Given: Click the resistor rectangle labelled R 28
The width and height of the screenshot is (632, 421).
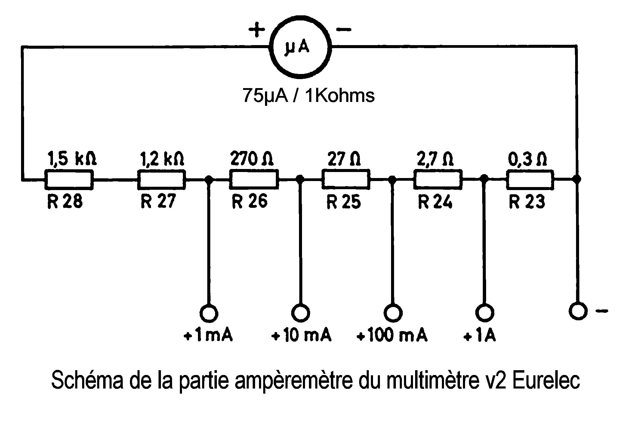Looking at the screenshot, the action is click(69, 180).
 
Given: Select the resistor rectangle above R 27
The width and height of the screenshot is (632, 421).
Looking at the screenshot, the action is click(161, 180).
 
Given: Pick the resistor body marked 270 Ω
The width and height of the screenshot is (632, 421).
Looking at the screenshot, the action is click(254, 180).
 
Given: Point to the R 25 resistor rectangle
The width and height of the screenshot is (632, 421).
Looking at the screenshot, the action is click(346, 180).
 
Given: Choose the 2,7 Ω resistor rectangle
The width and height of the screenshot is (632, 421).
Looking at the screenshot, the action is click(438, 180).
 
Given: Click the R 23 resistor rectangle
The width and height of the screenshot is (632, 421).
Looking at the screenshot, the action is click(530, 180).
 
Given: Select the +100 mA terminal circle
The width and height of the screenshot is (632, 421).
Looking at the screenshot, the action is click(393, 313).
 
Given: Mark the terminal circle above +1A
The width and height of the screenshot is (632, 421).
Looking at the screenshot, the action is click(484, 313).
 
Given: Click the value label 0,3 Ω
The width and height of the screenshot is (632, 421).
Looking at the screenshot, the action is click(527, 159).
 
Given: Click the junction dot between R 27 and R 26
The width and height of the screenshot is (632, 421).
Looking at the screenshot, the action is click(208, 180).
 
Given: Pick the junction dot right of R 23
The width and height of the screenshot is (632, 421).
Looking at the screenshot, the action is click(577, 179).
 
